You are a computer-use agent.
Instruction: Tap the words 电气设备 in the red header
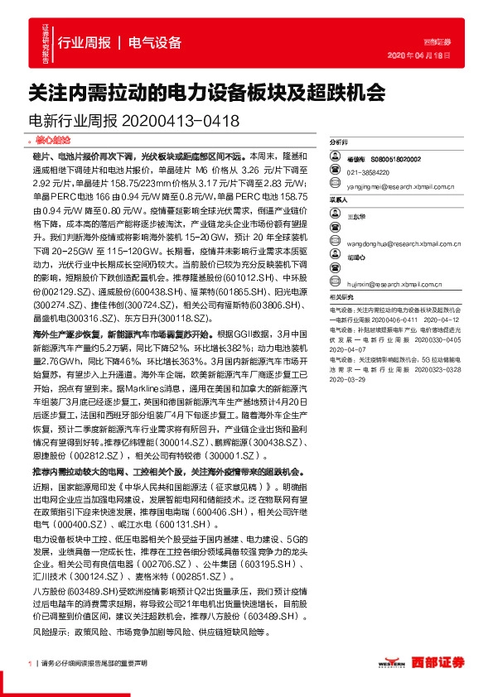coord(155,42)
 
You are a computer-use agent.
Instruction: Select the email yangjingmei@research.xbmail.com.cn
coord(401,186)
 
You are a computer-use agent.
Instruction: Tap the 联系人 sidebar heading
coord(338,199)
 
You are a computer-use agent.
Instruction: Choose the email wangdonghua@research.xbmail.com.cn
coord(403,244)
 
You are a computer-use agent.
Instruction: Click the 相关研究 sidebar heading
coord(341,296)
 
